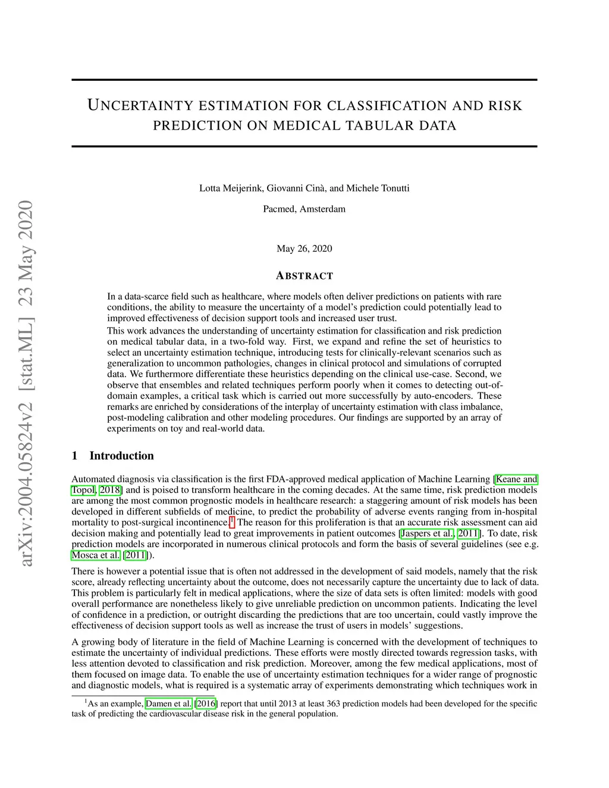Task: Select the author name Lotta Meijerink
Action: pos(231,189)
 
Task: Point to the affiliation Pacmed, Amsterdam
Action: pos(304,209)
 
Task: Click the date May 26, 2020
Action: pos(304,249)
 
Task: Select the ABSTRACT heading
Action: pos(304,276)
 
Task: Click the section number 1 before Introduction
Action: pos(75,456)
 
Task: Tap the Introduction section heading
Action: pos(121,456)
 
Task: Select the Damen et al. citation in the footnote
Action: pos(169,704)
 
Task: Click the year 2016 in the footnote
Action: pos(206,704)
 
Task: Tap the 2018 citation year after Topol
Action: pos(110,490)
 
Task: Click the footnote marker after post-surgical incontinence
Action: pos(231,521)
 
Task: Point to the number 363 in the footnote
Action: pos(333,704)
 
